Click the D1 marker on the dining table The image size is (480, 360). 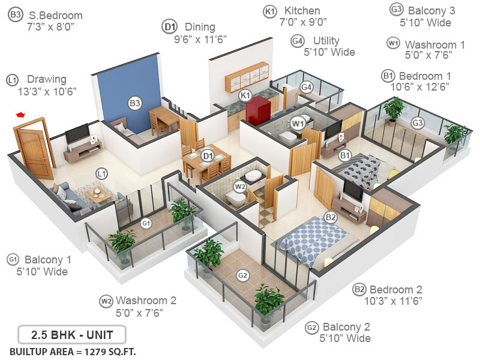pyautogui.click(x=208, y=156)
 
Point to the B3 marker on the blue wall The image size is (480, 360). pyautogui.click(x=135, y=103)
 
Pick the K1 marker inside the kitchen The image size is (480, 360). pyautogui.click(x=245, y=95)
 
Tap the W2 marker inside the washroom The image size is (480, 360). pyautogui.click(x=240, y=187)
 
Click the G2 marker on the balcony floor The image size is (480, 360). pyautogui.click(x=242, y=275)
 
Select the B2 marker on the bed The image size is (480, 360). pyautogui.click(x=330, y=217)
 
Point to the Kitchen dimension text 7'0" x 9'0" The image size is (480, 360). pyautogui.click(x=303, y=22)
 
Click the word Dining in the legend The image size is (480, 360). pyautogui.click(x=200, y=27)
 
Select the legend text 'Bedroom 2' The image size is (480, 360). pyautogui.click(x=395, y=289)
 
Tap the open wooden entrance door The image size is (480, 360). pyautogui.click(x=32, y=142)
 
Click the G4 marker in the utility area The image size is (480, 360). pyautogui.click(x=307, y=87)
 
